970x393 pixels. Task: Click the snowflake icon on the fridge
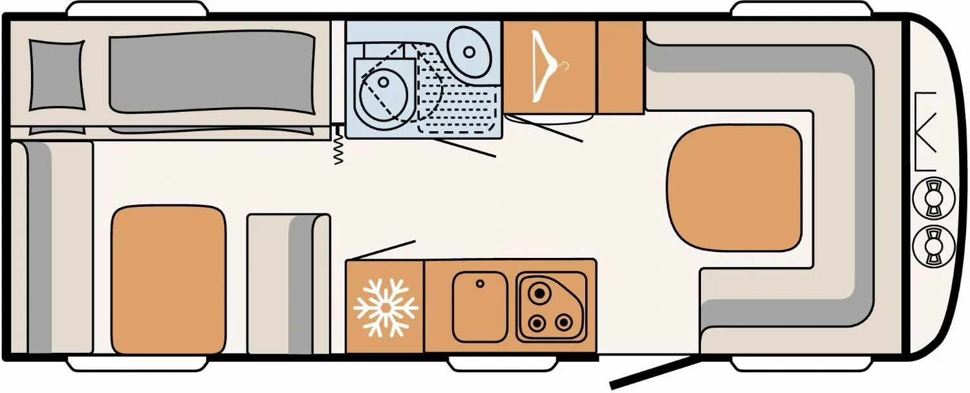tap(386, 308)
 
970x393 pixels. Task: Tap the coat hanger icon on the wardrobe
tap(549, 68)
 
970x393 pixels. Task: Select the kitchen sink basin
tap(479, 306)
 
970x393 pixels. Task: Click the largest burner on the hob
tap(538, 294)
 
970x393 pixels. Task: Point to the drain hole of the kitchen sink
tap(480, 284)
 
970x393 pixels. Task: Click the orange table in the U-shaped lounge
tap(733, 187)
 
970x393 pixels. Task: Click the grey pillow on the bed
tap(57, 74)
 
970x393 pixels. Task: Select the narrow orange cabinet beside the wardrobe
tap(620, 67)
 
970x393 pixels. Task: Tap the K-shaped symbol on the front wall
tap(926, 132)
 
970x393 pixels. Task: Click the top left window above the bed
tap(137, 9)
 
